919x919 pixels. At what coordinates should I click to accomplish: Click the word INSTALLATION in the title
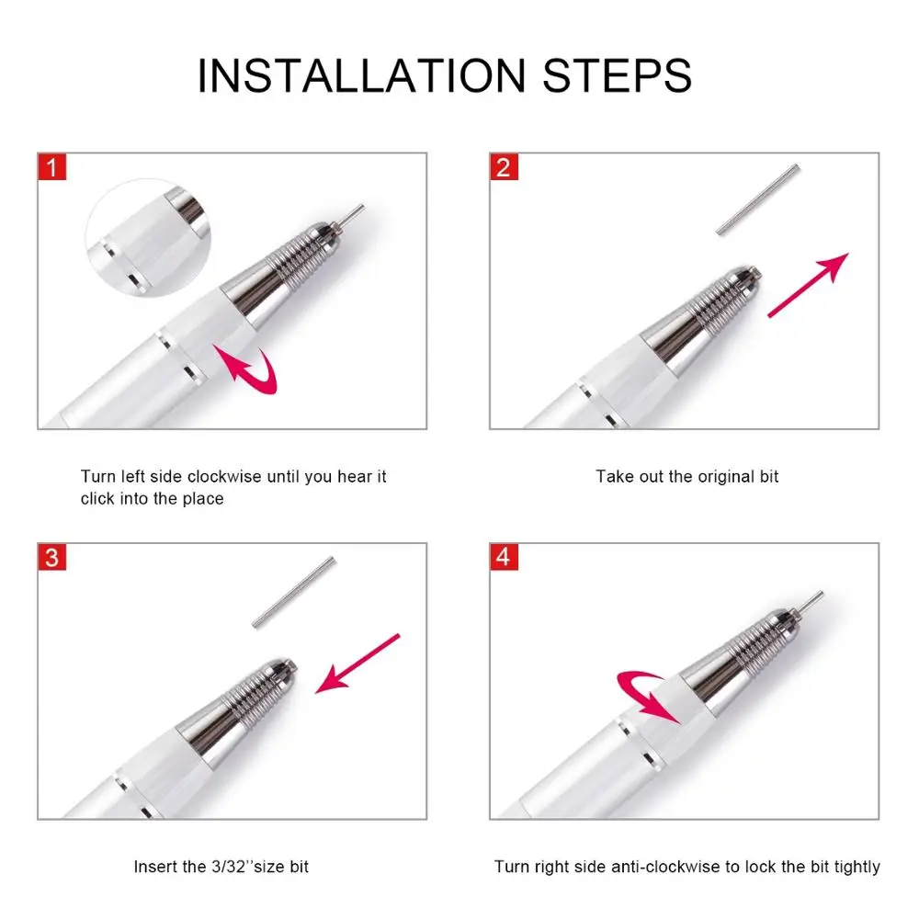coord(361,75)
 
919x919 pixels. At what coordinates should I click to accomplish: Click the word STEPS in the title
coord(618,75)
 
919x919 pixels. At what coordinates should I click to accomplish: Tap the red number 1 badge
coord(52,167)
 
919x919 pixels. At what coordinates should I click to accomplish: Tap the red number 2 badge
coord(504,167)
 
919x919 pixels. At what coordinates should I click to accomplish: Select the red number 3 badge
coord(52,557)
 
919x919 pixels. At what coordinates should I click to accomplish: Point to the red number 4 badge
coord(504,557)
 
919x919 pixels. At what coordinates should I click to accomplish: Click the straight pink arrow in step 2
coord(808,286)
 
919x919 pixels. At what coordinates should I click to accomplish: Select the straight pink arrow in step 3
coord(357,664)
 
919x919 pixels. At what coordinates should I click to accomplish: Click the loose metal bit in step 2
coord(758,199)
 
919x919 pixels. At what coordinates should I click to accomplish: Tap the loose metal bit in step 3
coord(294,593)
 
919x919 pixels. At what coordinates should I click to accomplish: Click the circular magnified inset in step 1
coord(148,238)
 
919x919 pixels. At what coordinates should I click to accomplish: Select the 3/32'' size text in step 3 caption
coord(244,867)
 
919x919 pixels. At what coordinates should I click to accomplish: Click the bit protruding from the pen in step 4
coord(808,602)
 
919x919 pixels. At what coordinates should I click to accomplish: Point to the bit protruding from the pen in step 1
coord(350,214)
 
